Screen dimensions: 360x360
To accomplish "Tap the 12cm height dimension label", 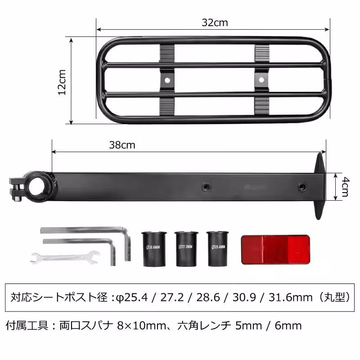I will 63,81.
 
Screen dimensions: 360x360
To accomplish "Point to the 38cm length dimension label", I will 122,145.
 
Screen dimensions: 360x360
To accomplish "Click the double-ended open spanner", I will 65,258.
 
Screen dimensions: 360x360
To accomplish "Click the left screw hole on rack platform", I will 167,80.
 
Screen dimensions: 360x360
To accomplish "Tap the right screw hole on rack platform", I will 261,80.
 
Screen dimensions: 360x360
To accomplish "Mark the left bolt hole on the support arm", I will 206,186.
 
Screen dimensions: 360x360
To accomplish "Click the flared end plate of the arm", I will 320,186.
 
